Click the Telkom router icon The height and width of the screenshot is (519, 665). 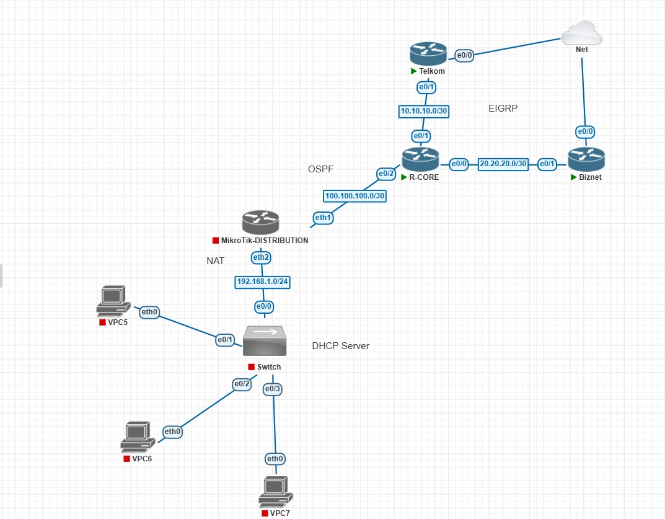428,53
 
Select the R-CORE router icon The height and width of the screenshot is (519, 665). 420,160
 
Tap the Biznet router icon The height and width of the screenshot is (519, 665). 585,160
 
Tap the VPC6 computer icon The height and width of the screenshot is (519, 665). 137,437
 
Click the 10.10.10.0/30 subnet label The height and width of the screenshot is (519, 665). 424,112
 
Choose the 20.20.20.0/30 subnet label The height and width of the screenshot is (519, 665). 503,164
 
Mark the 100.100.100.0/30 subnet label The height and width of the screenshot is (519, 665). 355,196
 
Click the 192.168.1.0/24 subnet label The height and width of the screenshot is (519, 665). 263,282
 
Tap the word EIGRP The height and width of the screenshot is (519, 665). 503,109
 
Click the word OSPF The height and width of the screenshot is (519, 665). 322,169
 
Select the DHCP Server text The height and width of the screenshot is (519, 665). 340,346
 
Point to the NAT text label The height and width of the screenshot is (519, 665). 215,261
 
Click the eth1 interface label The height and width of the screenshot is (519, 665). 323,218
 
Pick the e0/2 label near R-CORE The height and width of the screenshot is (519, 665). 385,174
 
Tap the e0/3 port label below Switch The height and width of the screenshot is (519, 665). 272,389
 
